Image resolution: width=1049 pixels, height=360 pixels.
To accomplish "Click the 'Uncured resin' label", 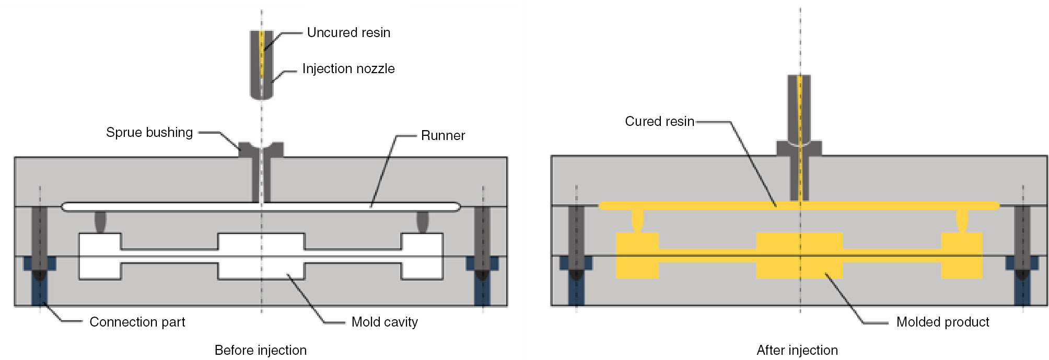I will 348,32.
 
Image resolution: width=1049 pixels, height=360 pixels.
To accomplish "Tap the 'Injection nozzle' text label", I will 348,68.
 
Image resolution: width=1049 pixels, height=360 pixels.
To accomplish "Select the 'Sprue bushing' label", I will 149,132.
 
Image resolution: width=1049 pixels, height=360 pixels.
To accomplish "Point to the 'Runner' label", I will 442,135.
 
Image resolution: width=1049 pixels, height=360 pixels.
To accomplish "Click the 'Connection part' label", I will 137,322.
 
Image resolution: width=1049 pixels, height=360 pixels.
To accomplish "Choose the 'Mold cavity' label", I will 384,322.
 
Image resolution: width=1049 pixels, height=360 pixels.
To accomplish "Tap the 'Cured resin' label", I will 659,121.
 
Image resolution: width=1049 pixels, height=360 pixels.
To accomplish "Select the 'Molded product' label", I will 942,322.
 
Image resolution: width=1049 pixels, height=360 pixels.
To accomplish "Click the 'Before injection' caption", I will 260,350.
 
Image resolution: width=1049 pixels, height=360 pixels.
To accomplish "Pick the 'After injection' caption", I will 797,350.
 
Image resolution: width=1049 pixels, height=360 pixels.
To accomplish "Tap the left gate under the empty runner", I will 100,222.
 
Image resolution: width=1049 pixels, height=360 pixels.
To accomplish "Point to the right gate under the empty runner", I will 422,222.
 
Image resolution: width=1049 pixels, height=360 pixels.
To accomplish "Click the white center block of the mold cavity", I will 261,256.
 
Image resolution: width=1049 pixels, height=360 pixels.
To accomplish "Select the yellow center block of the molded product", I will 799,256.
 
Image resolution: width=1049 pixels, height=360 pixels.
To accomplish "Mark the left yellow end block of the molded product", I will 637,256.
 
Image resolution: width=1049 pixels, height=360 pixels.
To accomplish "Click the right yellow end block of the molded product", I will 962,256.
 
